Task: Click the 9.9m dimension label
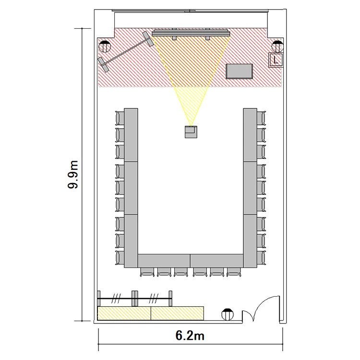click(73, 175)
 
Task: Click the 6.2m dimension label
click(190, 336)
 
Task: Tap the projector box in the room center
click(191, 132)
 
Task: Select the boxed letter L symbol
click(276, 60)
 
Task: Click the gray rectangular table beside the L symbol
click(239, 72)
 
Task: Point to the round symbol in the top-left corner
click(105, 47)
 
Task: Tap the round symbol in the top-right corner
click(277, 47)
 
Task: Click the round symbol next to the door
click(228, 314)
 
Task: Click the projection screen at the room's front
click(191, 34)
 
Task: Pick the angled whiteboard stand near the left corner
click(126, 51)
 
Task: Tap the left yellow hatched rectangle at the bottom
click(124, 313)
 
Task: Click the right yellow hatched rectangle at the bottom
click(178, 313)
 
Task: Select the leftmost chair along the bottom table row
click(147, 272)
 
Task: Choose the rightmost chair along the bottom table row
click(234, 272)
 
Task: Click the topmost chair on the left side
click(120, 118)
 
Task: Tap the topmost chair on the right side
click(261, 118)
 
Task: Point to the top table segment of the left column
click(131, 135)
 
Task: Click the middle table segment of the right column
click(250, 188)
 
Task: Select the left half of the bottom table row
click(164, 261)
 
